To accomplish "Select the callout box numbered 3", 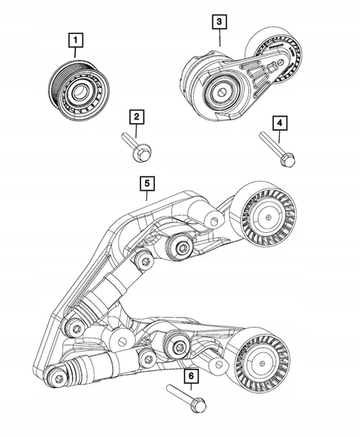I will pyautogui.click(x=220, y=22).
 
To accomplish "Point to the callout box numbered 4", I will pyautogui.click(x=280, y=123).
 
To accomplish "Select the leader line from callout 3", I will pyautogui.click(x=220, y=39).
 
